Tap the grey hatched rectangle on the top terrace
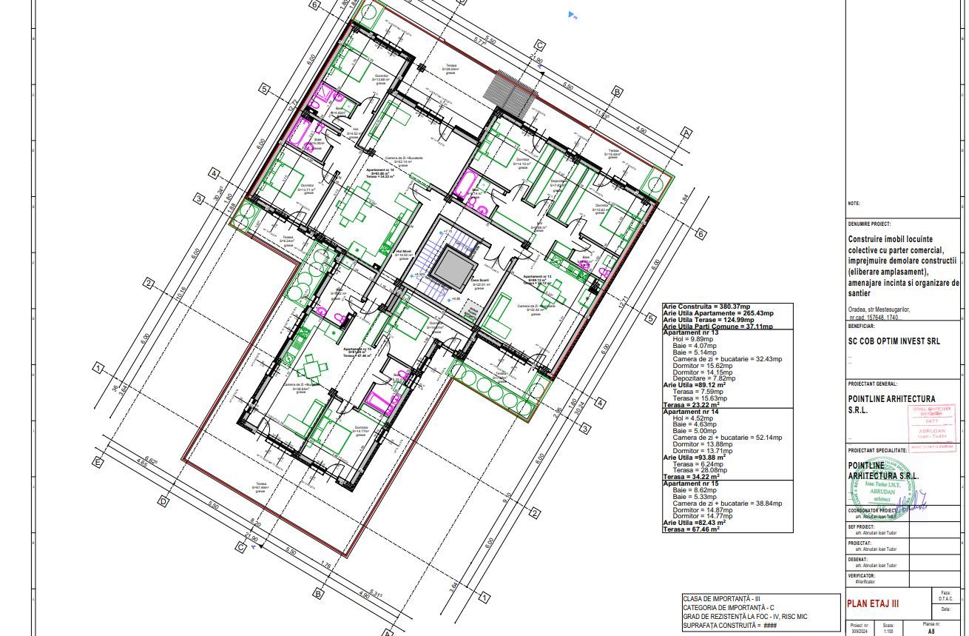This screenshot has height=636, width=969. tap(511, 88)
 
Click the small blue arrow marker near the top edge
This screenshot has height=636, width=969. tap(571, 14)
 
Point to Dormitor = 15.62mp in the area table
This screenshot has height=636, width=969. tap(710, 366)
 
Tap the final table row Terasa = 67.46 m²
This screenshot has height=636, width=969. tap(692, 529)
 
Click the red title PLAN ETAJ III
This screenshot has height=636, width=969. tap(873, 603)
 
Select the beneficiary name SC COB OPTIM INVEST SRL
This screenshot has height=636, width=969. tap(894, 341)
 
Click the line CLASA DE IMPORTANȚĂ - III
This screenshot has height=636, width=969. tap(721, 598)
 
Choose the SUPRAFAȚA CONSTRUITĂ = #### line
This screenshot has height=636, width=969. tap(729, 626)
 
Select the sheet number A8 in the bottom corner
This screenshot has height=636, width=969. tap(931, 632)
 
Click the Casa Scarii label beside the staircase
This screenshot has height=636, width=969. tap(480, 282)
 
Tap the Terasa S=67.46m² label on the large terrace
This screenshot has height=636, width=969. tap(260, 487)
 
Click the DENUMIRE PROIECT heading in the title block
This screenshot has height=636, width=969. tap(869, 224)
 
